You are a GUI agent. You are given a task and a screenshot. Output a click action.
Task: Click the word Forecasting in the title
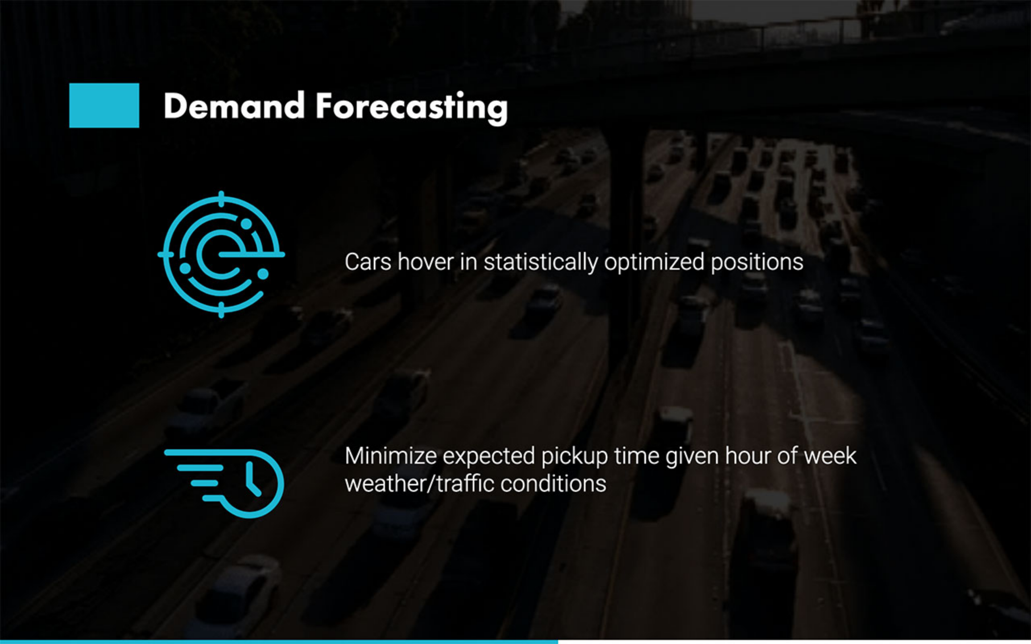pyautogui.click(x=412, y=108)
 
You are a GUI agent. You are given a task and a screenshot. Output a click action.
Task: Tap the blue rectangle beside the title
pyautogui.click(x=104, y=105)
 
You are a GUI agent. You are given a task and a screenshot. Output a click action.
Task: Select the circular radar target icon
pyautogui.click(x=221, y=254)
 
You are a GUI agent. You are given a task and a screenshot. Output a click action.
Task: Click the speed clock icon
pyautogui.click(x=224, y=483)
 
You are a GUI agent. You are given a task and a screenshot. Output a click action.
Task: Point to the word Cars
pyautogui.click(x=368, y=262)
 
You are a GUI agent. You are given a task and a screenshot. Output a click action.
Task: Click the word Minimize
pyautogui.click(x=391, y=456)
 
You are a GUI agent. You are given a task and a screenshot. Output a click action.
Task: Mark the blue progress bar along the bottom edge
pyautogui.click(x=279, y=642)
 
